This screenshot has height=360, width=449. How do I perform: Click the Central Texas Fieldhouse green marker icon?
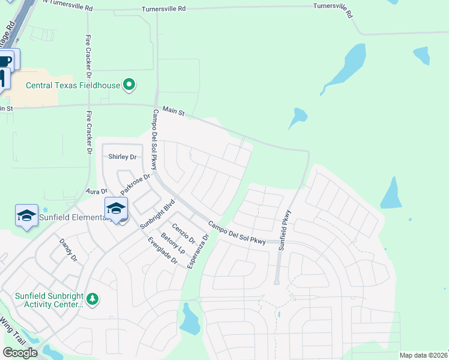(129, 85)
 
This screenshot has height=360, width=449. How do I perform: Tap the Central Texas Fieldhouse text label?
(73, 85)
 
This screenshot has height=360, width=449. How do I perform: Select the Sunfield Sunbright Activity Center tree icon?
(92, 298)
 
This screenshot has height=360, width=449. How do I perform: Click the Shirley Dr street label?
(122, 157)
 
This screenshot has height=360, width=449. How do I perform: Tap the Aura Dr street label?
(96, 191)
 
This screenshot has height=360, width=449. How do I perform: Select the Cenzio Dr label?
(184, 234)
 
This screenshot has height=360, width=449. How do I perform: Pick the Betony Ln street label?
(170, 241)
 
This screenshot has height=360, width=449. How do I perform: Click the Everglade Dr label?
(163, 251)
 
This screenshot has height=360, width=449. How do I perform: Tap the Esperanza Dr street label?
(197, 250)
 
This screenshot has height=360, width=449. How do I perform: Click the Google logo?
(20, 352)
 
